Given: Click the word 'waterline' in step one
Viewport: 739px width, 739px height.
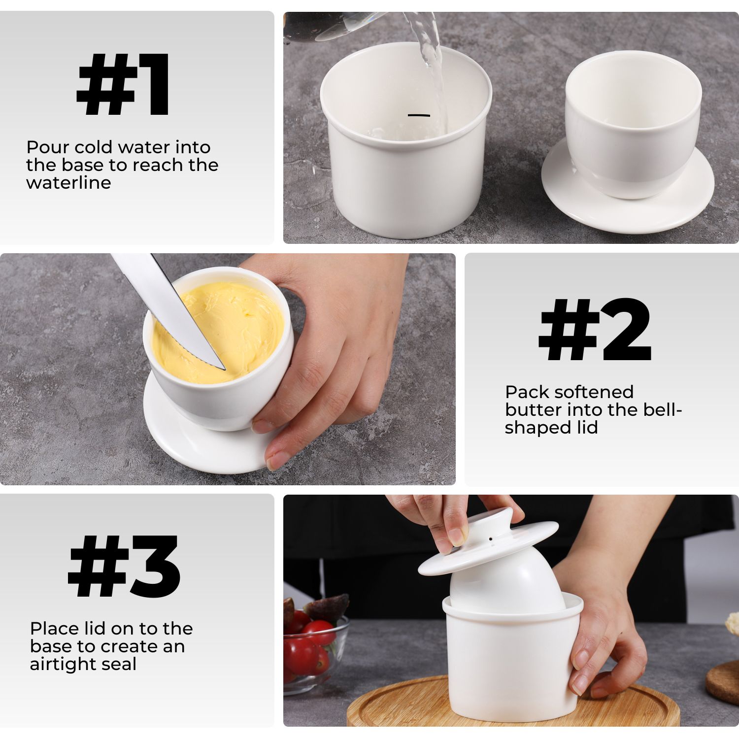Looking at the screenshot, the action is (68, 183).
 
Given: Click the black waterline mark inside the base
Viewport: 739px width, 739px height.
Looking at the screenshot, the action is (419, 115).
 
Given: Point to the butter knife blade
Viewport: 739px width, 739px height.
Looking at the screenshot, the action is (168, 310).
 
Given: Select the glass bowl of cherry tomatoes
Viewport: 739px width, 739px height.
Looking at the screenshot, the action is (315, 645).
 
